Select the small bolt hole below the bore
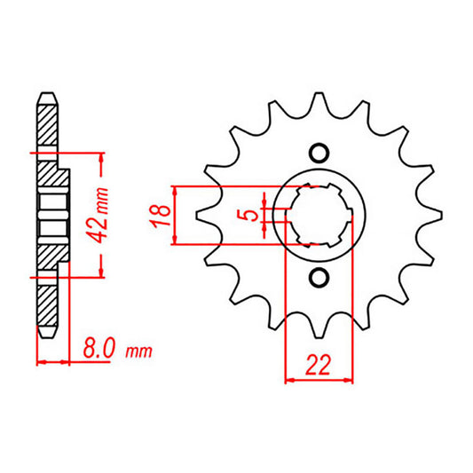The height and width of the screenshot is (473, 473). (319, 280)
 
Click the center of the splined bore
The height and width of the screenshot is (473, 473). (319, 215)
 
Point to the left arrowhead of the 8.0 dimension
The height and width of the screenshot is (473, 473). (41, 362)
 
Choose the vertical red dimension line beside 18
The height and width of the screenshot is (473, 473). (178, 215)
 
